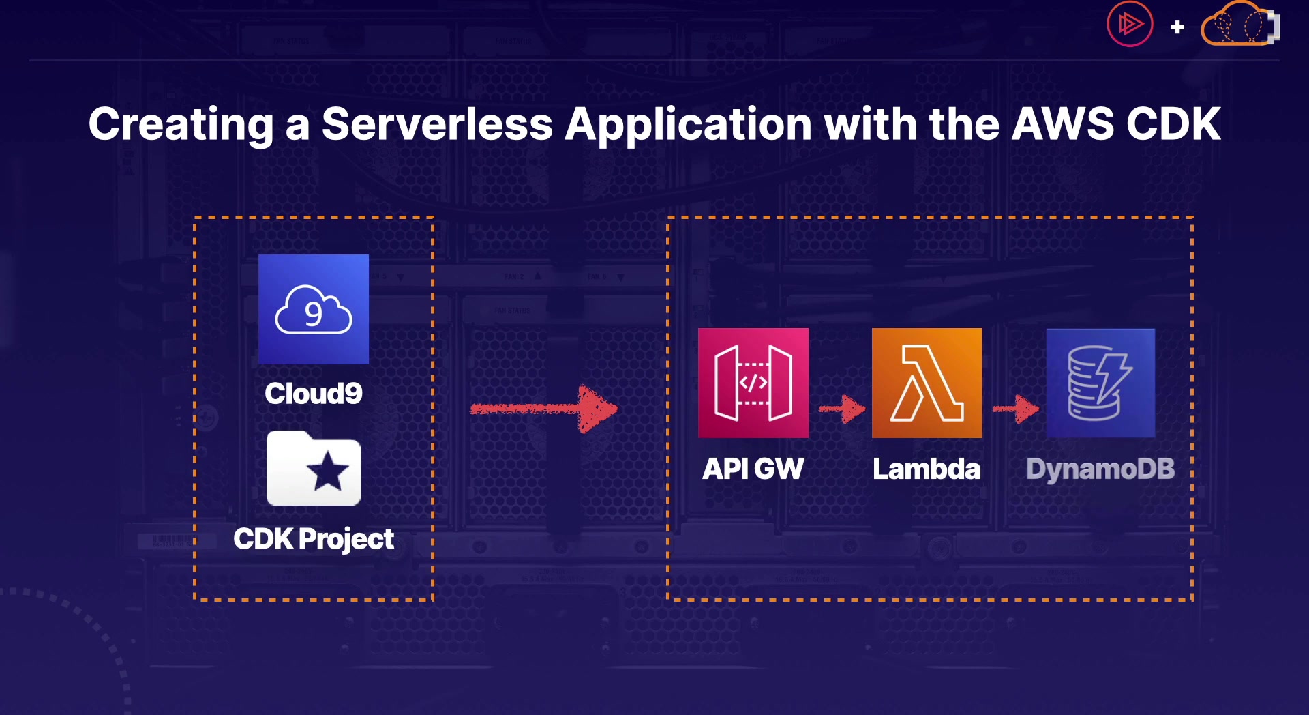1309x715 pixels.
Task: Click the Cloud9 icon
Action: (314, 309)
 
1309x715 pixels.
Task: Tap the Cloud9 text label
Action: (314, 394)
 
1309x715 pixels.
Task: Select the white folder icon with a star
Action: (314, 469)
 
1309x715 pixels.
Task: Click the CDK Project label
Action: (314, 539)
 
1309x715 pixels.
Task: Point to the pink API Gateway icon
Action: (753, 383)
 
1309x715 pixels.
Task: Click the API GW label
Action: (753, 469)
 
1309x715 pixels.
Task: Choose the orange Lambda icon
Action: (927, 383)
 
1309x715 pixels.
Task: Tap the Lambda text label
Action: (927, 469)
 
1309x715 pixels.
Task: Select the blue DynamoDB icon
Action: (1100, 383)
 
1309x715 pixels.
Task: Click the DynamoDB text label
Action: (1100, 469)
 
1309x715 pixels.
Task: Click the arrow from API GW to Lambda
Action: (843, 409)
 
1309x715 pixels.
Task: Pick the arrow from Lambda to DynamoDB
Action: (1016, 409)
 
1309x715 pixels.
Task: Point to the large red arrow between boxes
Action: (544, 409)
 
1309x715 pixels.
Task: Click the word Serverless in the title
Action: (437, 124)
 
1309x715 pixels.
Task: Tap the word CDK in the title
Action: (1173, 124)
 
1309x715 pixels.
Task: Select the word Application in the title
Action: (688, 124)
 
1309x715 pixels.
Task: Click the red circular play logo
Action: (1130, 24)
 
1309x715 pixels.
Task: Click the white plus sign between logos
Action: (1177, 27)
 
